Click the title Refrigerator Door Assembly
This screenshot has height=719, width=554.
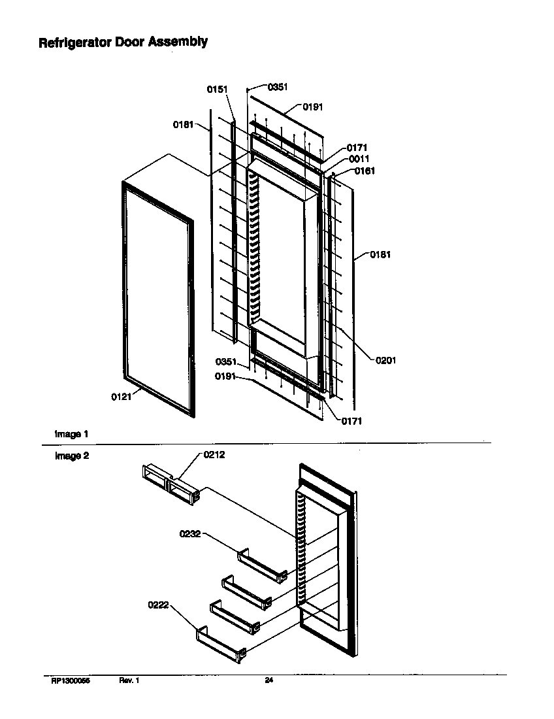click(123, 42)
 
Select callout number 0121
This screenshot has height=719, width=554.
click(122, 396)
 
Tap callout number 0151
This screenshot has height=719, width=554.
click(217, 90)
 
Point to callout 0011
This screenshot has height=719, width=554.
click(358, 159)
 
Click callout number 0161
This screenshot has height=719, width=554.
click(365, 171)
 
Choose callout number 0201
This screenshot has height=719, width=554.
click(385, 359)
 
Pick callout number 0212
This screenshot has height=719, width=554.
click(214, 455)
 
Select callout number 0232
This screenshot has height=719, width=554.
click(190, 534)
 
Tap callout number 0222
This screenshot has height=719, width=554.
click(159, 605)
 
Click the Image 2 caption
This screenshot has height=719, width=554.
click(71, 456)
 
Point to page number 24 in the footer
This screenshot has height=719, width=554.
click(269, 681)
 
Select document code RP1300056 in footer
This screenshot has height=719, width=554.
click(71, 681)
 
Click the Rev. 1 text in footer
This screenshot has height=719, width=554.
click(129, 681)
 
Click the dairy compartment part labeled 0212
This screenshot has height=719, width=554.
click(169, 483)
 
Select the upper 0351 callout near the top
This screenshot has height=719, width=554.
click(278, 86)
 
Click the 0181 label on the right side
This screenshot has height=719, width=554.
click(380, 255)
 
